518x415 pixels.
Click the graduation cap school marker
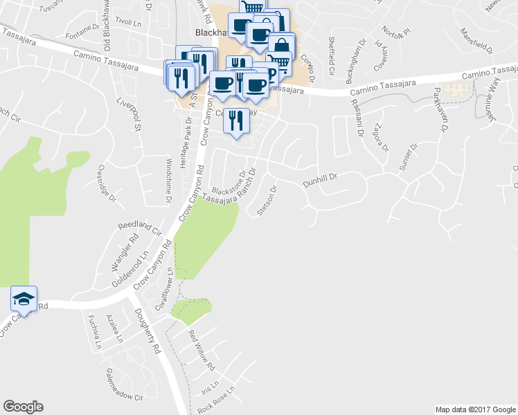[x=24, y=299]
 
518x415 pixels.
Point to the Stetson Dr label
[x=267, y=200]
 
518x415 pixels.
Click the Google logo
[x=23, y=407]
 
